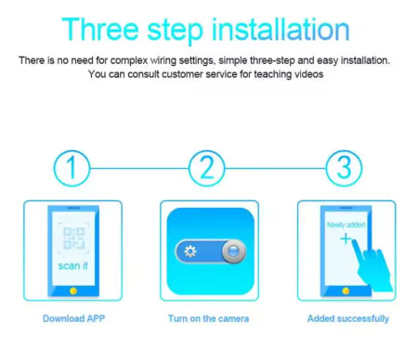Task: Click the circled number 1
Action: pos(72,168)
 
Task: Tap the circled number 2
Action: pos(207,168)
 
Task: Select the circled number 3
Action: pos(344,168)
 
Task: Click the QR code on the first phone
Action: pos(73,238)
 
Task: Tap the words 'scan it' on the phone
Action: pos(73,265)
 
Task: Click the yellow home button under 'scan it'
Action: pos(73,290)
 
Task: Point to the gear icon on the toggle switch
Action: pos(190,251)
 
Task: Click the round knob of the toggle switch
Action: pos(234,251)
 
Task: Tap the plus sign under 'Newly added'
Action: pos(346,238)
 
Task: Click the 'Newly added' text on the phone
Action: pos(346,225)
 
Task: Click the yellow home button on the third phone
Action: pos(346,290)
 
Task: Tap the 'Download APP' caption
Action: pos(73,318)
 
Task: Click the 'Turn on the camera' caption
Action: pos(208,318)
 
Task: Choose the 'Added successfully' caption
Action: pos(348,318)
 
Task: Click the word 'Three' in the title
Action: pos(100,29)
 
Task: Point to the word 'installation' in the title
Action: pos(281,29)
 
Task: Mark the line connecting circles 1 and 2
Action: pos(139,168)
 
